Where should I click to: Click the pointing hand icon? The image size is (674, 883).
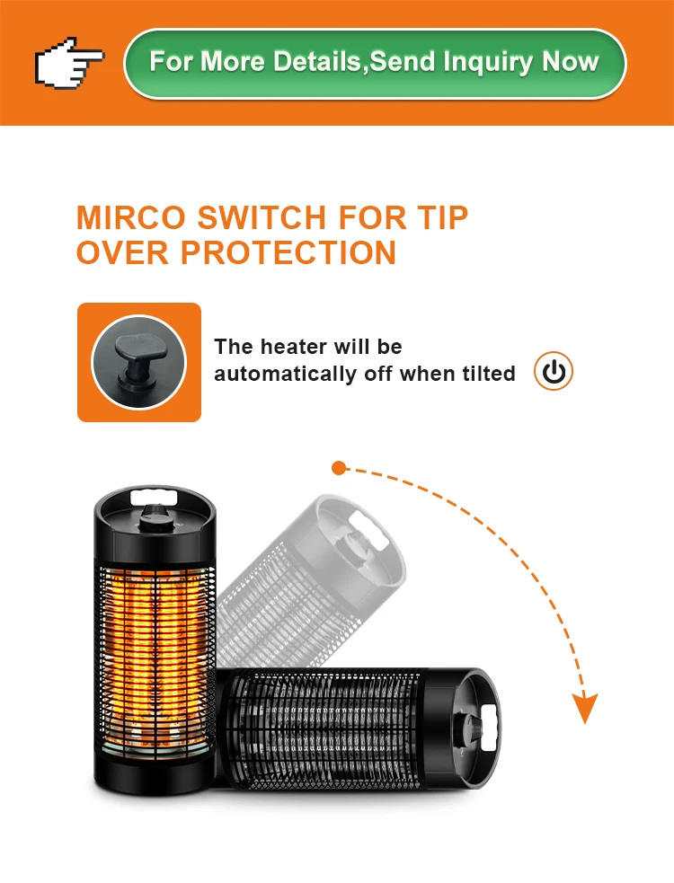pyautogui.click(x=69, y=63)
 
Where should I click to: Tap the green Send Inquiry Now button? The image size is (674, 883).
pyautogui.click(x=375, y=64)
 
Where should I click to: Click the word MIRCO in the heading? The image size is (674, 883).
pyautogui.click(x=130, y=217)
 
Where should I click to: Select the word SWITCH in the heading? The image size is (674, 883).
pyautogui.click(x=262, y=217)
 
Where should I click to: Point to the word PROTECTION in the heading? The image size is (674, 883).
pyautogui.click(x=288, y=252)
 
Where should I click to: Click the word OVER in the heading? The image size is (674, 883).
pyautogui.click(x=122, y=252)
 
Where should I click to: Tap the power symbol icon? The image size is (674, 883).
pyautogui.click(x=554, y=371)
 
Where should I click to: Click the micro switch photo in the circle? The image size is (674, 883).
pyautogui.click(x=138, y=362)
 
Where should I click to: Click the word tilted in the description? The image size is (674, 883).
pyautogui.click(x=489, y=374)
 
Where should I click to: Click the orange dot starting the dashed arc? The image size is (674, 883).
pyautogui.click(x=339, y=468)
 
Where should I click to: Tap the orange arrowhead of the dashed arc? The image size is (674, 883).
pyautogui.click(x=584, y=707)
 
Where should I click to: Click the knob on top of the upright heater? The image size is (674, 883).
pyautogui.click(x=155, y=518)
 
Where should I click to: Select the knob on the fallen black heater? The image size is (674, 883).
pyautogui.click(x=467, y=730)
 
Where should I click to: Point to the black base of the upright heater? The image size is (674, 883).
pyautogui.click(x=155, y=773)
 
